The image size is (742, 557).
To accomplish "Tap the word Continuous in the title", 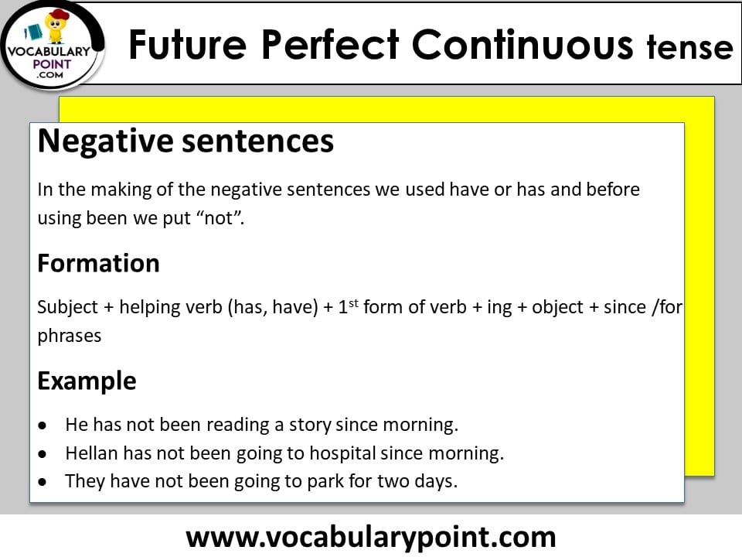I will coord(522,45).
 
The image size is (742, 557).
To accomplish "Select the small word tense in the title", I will coord(689,48).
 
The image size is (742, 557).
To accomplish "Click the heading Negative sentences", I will coord(185,142).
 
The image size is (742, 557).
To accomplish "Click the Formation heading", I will coord(98,263).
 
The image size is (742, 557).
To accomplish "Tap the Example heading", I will coord(87,381).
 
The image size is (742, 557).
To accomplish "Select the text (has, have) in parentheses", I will coord(271,306).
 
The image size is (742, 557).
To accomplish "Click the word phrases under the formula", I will coord(70,337).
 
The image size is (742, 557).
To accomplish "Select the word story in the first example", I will coord(310,425).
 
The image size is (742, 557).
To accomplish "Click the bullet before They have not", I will coord(44,481).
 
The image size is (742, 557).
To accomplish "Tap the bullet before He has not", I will coord(44,425).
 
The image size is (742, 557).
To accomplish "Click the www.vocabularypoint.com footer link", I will coord(371,536).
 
